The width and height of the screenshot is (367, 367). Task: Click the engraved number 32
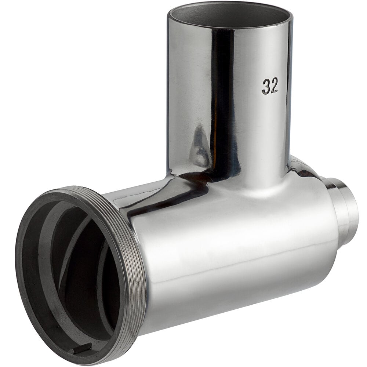[x=270, y=86]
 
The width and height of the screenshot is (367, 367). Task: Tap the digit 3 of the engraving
[x=266, y=87]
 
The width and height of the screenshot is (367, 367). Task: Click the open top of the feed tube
[x=230, y=15]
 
